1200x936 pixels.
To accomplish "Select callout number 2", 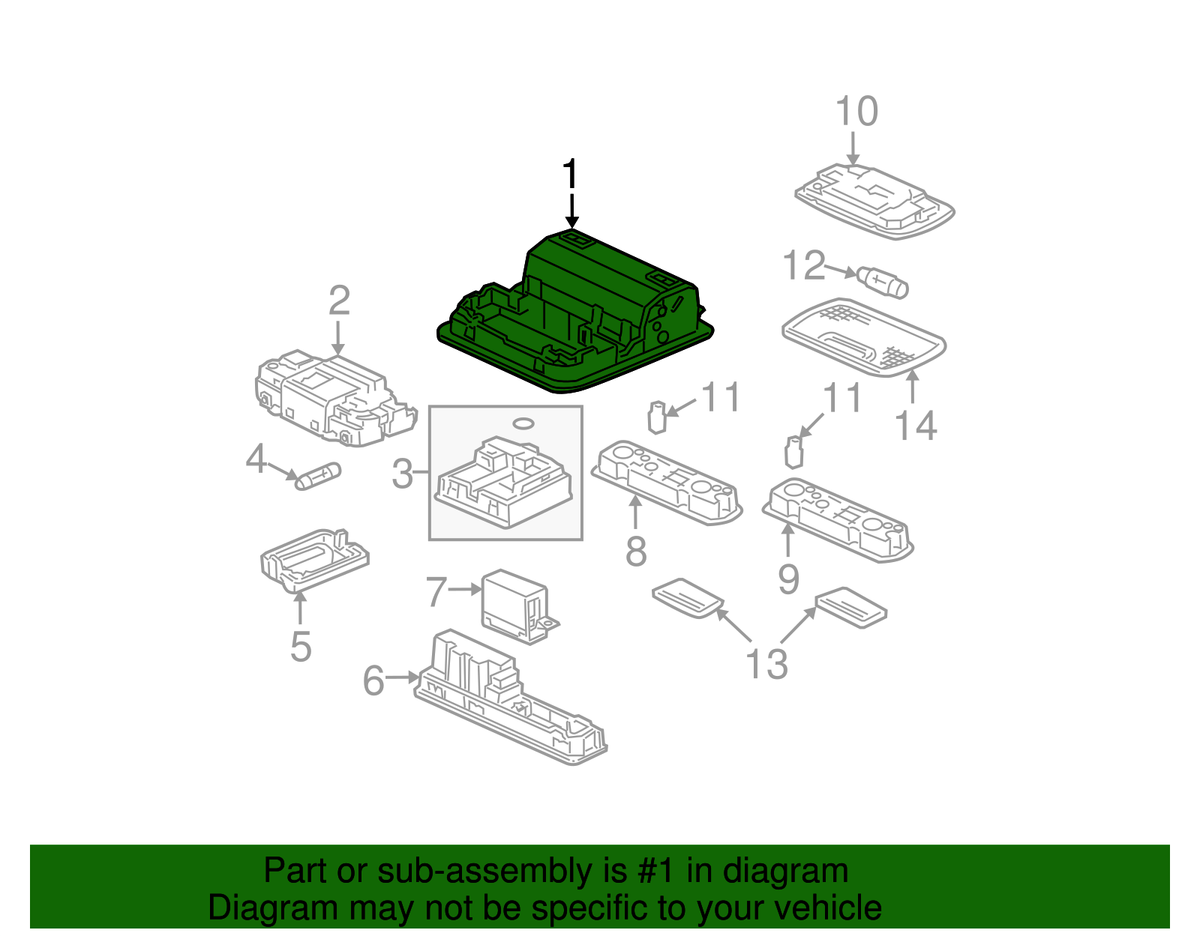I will click(x=339, y=301).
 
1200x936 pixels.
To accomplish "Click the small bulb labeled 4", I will click(x=319, y=476).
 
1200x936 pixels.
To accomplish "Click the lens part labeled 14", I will click(x=862, y=337).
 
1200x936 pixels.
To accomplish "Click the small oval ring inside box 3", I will click(x=523, y=424).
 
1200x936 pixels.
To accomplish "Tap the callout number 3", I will click(x=403, y=474).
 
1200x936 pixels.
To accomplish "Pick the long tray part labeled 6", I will click(x=510, y=697).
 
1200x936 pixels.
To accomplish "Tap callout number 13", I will click(x=766, y=664).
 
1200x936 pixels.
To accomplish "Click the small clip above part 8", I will click(x=657, y=417).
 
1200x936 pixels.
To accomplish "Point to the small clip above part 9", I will click(x=793, y=452).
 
